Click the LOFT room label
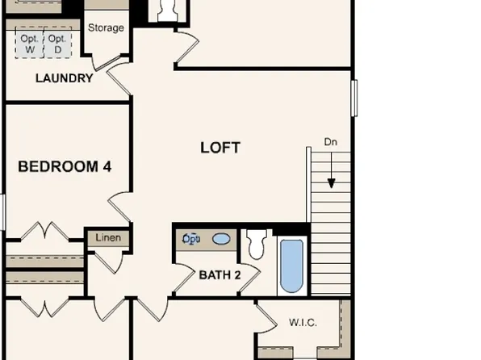(220, 148)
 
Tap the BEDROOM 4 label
(65, 167)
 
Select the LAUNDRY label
(64, 78)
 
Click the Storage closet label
(106, 28)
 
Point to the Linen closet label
(108, 238)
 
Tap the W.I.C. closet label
(303, 323)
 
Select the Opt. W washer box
(30, 44)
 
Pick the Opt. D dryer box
(56, 44)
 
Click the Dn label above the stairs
(330, 142)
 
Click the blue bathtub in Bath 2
(291, 266)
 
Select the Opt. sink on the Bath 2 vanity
(192, 239)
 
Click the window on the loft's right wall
(353, 97)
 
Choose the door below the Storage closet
(115, 79)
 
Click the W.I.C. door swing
(266, 316)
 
